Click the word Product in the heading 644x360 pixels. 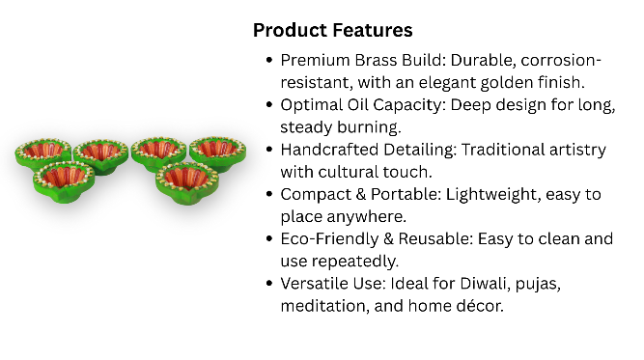tap(290, 30)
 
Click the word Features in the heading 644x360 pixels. tap(373, 30)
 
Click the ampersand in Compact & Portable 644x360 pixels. tap(361, 194)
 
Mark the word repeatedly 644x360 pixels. tap(355, 262)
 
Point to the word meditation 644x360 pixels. tap(324, 306)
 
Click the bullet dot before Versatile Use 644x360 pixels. tap(269, 283)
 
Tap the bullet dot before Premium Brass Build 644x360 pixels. tap(269, 60)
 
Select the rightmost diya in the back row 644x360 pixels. tap(218, 153)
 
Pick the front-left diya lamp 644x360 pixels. tap(64, 180)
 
